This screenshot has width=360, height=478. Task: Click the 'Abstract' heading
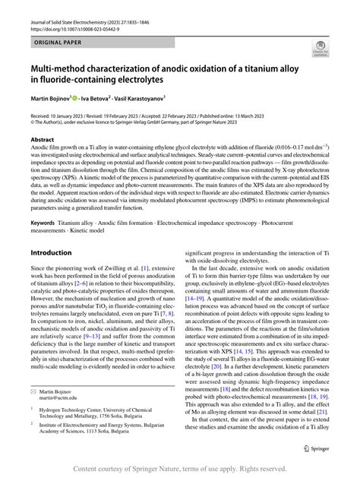42,140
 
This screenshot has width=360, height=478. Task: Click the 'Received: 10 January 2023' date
62,113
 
